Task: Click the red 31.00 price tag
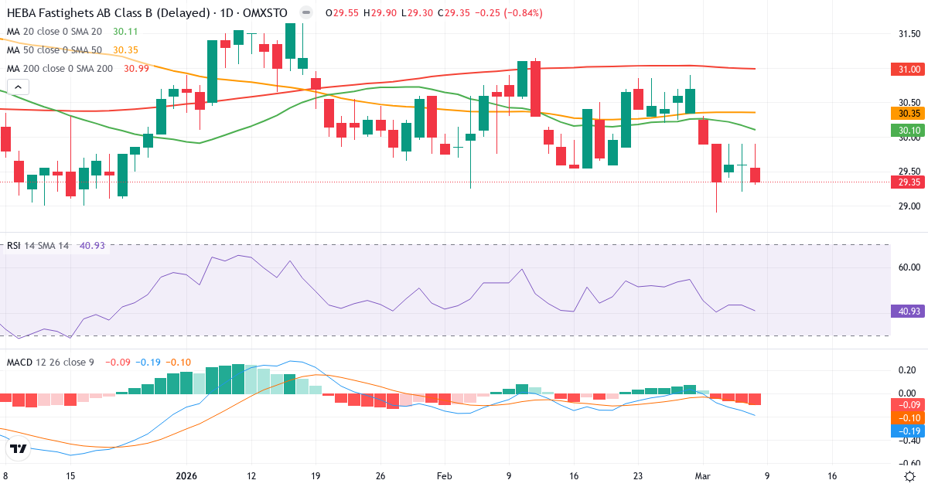tap(908, 70)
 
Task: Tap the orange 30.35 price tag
tap(908, 113)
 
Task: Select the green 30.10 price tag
tap(908, 131)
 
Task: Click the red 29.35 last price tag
tap(908, 182)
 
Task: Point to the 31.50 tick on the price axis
tap(909, 34)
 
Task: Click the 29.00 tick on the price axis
tap(909, 206)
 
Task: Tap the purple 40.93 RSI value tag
tap(908, 312)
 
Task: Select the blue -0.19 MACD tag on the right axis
tap(908, 430)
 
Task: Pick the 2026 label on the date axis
tap(188, 476)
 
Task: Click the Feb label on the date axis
tap(444, 476)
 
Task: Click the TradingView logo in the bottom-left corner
tap(19, 449)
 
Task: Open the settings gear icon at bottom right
tap(911, 476)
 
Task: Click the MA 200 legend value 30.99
tap(137, 69)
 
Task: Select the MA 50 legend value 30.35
tap(125, 50)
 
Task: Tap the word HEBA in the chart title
tap(23, 13)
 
